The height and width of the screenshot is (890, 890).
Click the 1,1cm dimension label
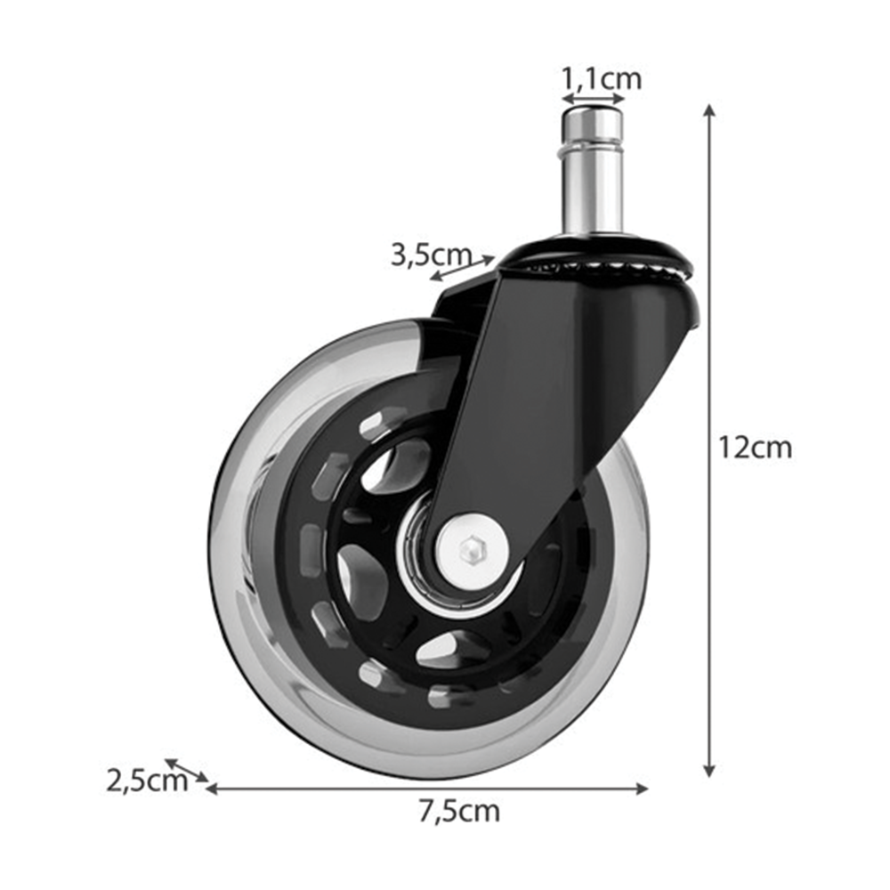(602, 78)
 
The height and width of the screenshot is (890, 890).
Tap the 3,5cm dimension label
(432, 255)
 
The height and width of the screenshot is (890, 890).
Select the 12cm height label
(755, 448)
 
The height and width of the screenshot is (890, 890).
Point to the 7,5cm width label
(460, 812)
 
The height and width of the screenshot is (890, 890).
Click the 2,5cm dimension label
(147, 781)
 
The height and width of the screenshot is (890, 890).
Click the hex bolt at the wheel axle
(471, 551)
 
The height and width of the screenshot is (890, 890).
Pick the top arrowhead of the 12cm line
(709, 110)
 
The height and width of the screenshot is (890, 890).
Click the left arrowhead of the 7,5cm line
(212, 789)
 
